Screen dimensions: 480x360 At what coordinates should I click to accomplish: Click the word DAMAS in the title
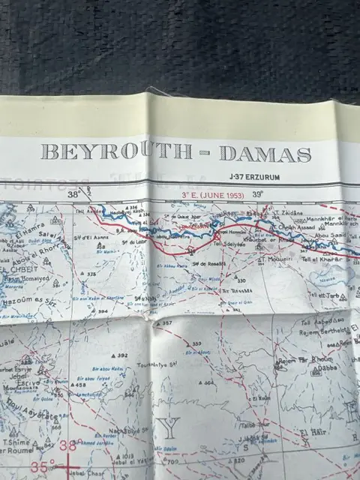click(x=265, y=154)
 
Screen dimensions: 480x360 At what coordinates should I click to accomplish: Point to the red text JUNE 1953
click(x=214, y=194)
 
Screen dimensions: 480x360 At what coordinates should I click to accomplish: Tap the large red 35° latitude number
click(x=43, y=465)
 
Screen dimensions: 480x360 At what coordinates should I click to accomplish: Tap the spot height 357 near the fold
click(x=166, y=324)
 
